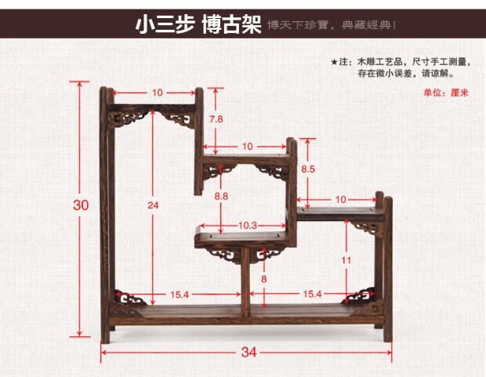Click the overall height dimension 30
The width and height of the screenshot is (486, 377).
(81, 205)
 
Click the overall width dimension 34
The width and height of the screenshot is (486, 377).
(248, 353)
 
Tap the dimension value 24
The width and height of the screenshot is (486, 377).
(153, 205)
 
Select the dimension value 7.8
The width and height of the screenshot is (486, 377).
(216, 119)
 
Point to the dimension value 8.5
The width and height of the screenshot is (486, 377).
(308, 169)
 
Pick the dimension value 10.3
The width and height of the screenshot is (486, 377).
(248, 225)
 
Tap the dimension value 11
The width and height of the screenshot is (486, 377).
(346, 259)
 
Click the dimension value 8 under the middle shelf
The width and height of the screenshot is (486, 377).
(264, 278)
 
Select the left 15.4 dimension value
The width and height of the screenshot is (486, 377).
(180, 294)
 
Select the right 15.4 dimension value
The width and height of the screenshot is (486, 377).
(312, 294)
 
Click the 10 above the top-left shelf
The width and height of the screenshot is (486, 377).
(158, 92)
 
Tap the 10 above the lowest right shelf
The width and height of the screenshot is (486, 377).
(340, 200)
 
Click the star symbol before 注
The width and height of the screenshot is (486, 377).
(334, 61)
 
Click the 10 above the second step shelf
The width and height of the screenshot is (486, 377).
(248, 147)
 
